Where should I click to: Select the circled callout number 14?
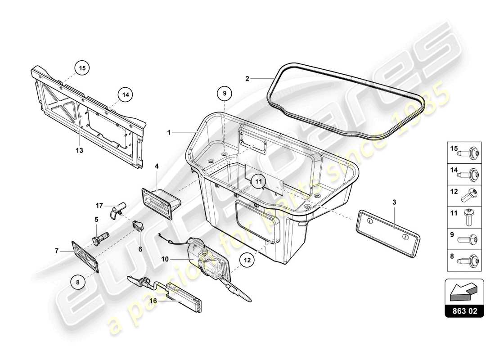click(126, 94)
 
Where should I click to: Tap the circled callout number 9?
click(225, 94)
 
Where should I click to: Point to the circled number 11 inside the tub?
click(258, 181)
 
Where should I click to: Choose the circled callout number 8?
click(78, 282)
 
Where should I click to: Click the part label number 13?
click(79, 151)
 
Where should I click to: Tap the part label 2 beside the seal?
click(247, 79)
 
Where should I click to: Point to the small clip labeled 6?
click(138, 225)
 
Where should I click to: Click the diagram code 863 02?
click(464, 310)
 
